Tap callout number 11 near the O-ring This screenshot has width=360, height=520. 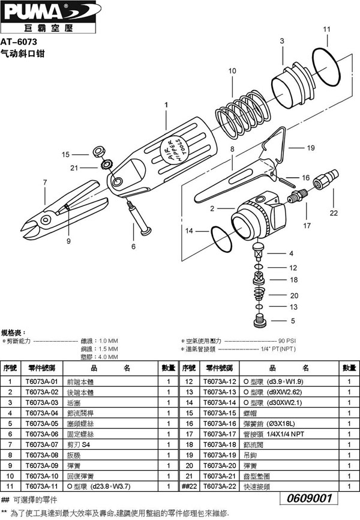326,29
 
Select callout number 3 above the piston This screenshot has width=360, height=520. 281,40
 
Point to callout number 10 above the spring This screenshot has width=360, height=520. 232,71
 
